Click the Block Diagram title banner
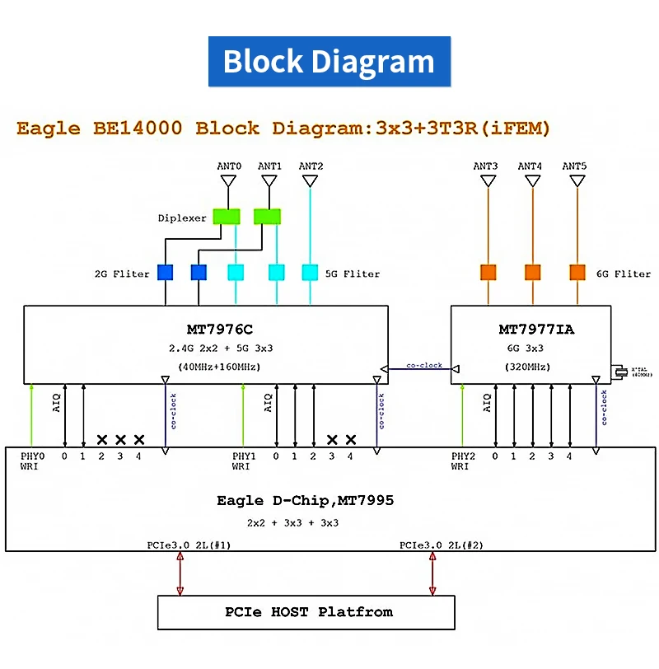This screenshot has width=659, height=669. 329,62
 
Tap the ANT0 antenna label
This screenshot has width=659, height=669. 229,166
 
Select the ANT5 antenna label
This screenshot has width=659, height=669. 574,166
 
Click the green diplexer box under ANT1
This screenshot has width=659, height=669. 268,217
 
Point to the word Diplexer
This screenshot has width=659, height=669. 181,218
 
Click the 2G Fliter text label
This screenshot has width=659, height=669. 122,274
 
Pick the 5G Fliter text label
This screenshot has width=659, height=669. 352,274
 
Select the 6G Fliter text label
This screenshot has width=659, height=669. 622,274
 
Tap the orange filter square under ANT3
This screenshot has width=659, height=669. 488,272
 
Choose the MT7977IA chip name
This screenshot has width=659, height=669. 536,330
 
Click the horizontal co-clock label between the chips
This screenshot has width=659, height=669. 424,365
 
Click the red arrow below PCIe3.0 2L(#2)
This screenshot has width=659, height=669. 432,573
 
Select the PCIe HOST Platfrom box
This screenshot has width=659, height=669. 306,612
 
